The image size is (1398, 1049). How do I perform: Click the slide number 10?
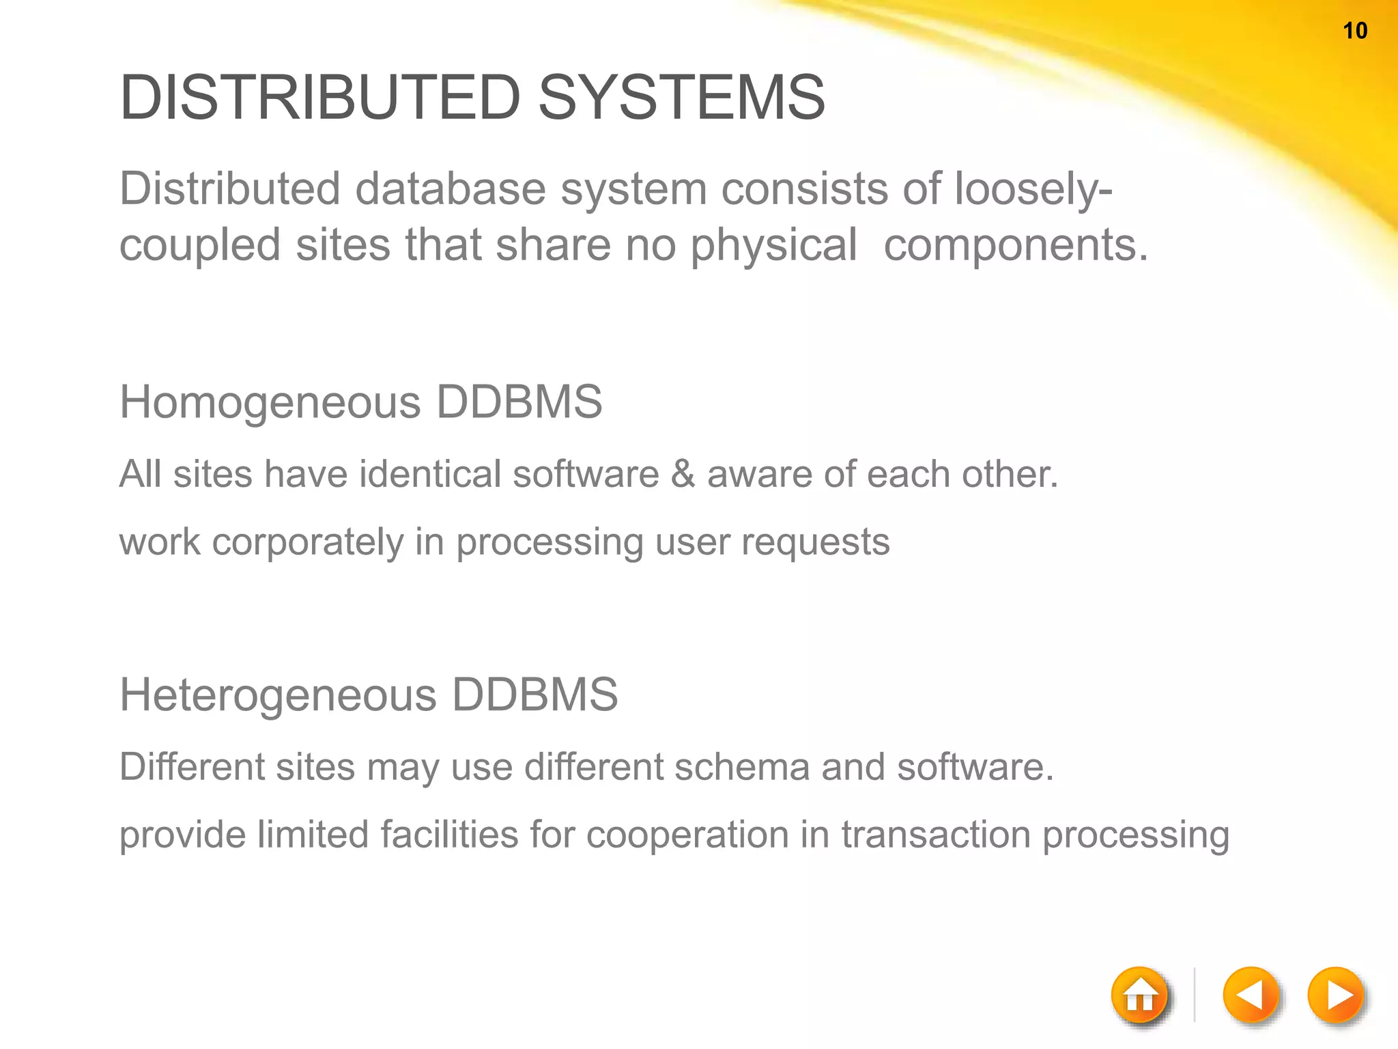point(1355,31)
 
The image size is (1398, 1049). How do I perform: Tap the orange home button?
point(1139,996)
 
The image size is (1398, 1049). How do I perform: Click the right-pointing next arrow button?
point(1336,995)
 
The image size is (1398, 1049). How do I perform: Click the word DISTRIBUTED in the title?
point(320,98)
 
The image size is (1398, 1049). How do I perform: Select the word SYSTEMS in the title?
point(681,98)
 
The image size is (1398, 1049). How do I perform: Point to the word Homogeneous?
point(270,402)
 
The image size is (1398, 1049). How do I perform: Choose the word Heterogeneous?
point(278,695)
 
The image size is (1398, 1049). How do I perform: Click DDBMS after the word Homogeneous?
point(519,402)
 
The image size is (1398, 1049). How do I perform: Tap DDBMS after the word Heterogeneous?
point(534,695)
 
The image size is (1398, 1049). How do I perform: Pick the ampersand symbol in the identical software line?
point(683,474)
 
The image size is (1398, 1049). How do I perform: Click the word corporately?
point(308,542)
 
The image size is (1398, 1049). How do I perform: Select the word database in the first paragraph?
point(451,188)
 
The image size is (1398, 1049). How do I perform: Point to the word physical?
point(773,245)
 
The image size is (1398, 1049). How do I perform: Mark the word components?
point(1016,245)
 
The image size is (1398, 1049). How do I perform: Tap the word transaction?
point(935,835)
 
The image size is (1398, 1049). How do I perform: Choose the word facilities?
point(449,835)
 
